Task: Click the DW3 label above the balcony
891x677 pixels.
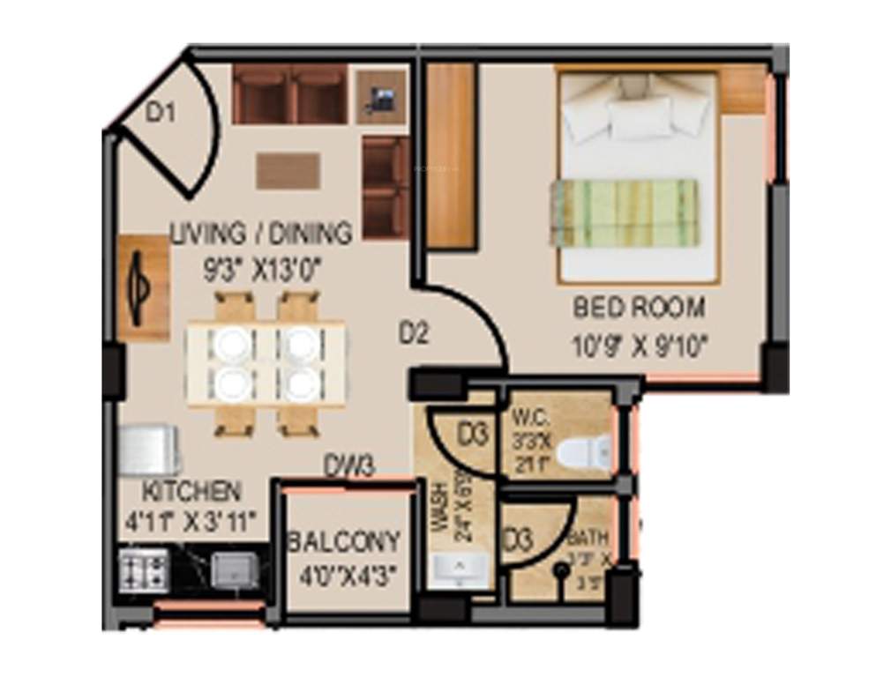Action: pos(349,465)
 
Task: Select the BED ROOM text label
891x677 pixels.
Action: pos(639,309)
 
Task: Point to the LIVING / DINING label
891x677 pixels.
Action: pos(261,234)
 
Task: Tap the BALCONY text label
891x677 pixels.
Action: pos(343,540)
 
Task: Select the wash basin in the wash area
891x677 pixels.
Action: pos(459,570)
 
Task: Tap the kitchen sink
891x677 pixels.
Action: pos(233,570)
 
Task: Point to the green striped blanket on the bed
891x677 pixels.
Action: pos(625,212)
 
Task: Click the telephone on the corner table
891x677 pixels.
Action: pos(381,97)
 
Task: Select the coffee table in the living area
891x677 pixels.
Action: pos(288,170)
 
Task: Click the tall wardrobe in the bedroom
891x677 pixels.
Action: pos(451,156)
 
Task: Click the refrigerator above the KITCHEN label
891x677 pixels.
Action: pos(150,451)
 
